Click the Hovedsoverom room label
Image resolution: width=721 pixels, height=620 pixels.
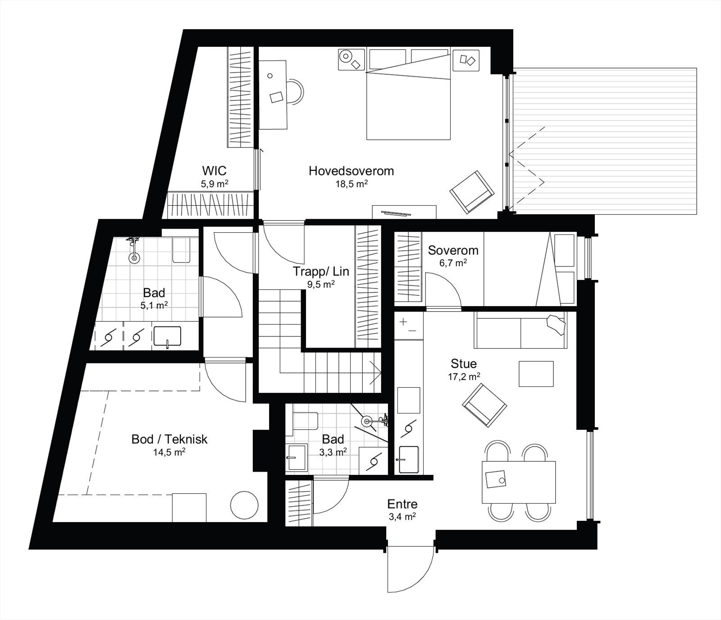click(x=351, y=171)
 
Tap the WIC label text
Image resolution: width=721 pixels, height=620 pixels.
click(x=214, y=171)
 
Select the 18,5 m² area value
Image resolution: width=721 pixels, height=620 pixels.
click(x=351, y=184)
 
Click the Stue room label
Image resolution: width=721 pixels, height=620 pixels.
click(x=464, y=363)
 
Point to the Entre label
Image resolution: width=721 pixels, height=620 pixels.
click(x=402, y=504)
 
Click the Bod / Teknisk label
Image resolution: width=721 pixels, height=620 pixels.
click(x=169, y=439)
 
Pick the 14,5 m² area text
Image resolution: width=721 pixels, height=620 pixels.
click(x=169, y=452)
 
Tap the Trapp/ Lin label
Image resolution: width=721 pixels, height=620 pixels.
click(x=321, y=271)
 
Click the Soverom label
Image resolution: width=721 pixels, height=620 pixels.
click(x=453, y=250)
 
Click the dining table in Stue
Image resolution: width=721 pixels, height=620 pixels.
click(x=519, y=482)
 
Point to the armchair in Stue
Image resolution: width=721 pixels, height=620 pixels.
click(x=484, y=404)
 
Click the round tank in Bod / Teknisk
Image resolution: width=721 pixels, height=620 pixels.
click(x=244, y=505)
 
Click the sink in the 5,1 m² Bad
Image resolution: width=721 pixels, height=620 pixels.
click(x=167, y=336)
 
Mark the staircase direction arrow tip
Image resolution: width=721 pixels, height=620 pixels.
click(x=381, y=372)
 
